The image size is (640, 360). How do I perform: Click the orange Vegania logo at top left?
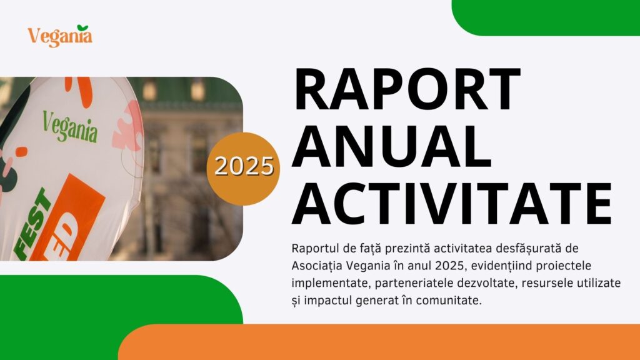click(x=60, y=36)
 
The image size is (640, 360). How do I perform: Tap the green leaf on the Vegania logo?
click(x=83, y=27)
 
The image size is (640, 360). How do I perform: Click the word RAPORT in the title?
click(x=407, y=89)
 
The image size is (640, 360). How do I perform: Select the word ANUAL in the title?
click(x=391, y=146)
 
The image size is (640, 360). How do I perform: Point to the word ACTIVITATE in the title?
click(x=452, y=203)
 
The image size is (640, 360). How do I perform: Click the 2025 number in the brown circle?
click(x=244, y=166)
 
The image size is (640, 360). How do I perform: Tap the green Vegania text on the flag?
click(x=70, y=127)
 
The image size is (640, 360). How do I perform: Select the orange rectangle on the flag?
click(x=68, y=217)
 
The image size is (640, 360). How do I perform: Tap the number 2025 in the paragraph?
click(x=449, y=266)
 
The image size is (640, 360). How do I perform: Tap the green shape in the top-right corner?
click(x=546, y=17)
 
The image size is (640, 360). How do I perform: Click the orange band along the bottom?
click(x=379, y=342)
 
